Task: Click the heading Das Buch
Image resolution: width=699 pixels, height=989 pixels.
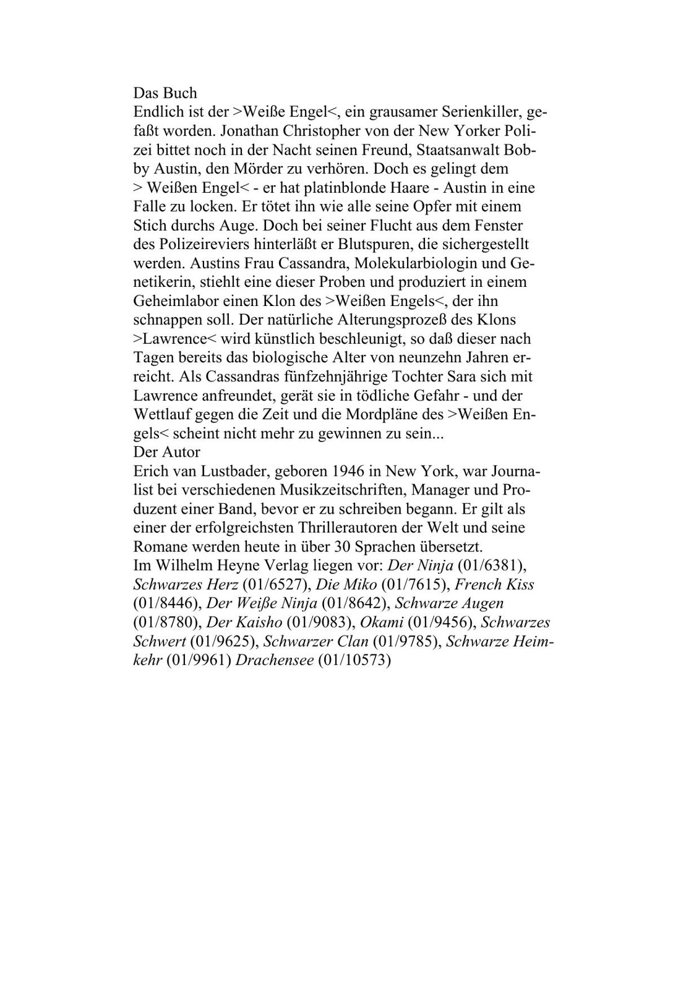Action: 165,93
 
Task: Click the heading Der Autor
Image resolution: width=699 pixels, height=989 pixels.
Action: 166,452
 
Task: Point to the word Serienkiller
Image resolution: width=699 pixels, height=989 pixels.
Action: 482,112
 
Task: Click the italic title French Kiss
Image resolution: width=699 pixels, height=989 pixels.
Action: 494,584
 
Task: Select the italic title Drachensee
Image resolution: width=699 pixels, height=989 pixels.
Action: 275,660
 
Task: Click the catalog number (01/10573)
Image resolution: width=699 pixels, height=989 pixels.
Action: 355,660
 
